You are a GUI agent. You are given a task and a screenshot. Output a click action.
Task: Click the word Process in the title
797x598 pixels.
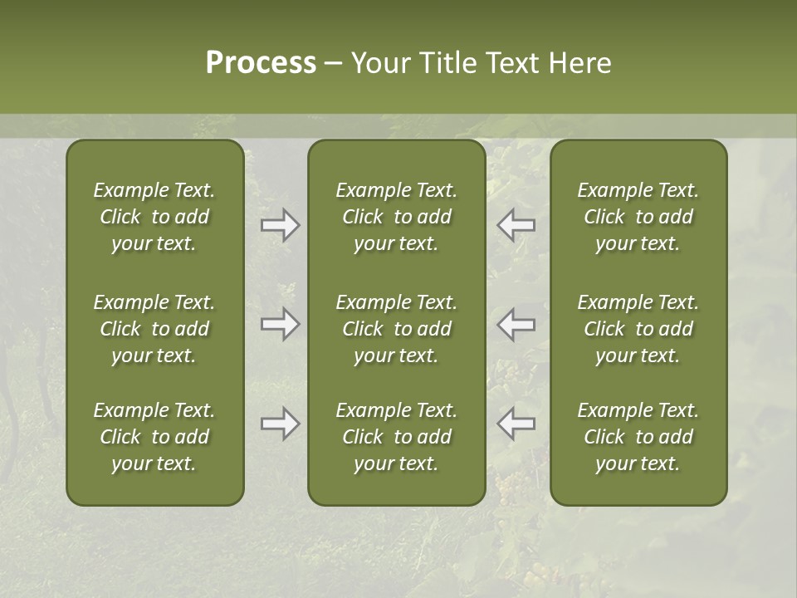pos(261,63)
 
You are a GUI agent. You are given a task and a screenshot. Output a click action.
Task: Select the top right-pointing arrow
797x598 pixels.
pos(281,225)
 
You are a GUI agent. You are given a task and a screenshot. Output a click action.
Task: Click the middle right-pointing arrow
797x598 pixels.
pos(281,325)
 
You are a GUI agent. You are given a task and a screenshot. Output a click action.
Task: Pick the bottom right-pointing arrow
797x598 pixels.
pos(281,424)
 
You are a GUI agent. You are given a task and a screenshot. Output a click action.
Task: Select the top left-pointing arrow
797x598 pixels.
pos(516,225)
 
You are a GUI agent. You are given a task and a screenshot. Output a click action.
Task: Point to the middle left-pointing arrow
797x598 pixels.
pos(516,325)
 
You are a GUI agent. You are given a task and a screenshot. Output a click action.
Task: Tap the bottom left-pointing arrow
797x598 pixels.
pos(516,424)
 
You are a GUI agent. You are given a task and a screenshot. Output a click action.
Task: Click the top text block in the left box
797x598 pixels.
pos(154,217)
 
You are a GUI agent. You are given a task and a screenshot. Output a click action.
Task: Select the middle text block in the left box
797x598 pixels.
pos(154,329)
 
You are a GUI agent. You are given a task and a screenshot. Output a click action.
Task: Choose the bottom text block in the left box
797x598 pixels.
pos(154,437)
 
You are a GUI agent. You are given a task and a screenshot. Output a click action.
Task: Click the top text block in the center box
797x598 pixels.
pos(396,217)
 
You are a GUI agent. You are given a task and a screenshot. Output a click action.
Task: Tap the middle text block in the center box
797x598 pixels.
pos(396,329)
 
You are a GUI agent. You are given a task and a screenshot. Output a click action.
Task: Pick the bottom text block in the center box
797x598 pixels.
pos(396,437)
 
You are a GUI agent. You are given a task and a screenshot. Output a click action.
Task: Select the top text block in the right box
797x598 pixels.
pos(638,217)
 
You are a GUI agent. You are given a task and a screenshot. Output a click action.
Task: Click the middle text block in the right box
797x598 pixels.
pos(638,329)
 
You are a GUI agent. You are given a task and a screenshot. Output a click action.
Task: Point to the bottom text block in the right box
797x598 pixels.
pos(638,437)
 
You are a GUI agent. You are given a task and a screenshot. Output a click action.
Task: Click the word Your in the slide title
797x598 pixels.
pos(381,63)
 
